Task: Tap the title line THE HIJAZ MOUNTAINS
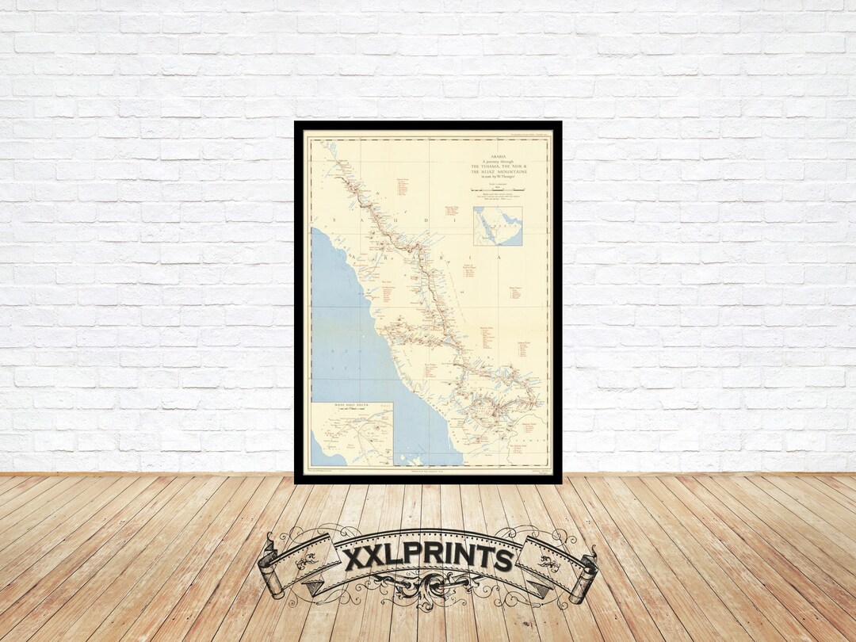pyautogui.click(x=503, y=172)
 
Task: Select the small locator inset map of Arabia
pyautogui.click(x=498, y=226)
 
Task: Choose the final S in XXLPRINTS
pyautogui.click(x=503, y=560)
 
